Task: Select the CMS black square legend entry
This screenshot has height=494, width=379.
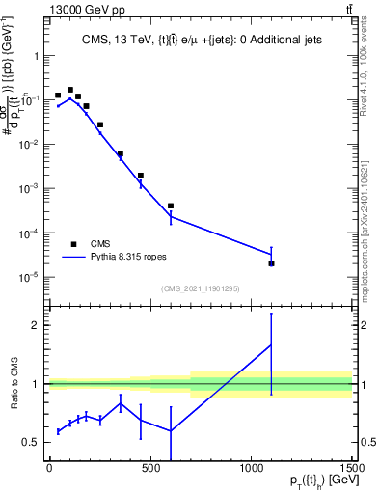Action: coord(74,244)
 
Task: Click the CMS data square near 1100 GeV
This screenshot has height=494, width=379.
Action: coord(271,263)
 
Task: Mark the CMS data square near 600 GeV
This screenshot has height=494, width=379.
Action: coord(171,206)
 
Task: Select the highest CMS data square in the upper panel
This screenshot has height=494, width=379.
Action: coord(69,89)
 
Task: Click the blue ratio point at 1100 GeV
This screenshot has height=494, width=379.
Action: coord(271,345)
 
